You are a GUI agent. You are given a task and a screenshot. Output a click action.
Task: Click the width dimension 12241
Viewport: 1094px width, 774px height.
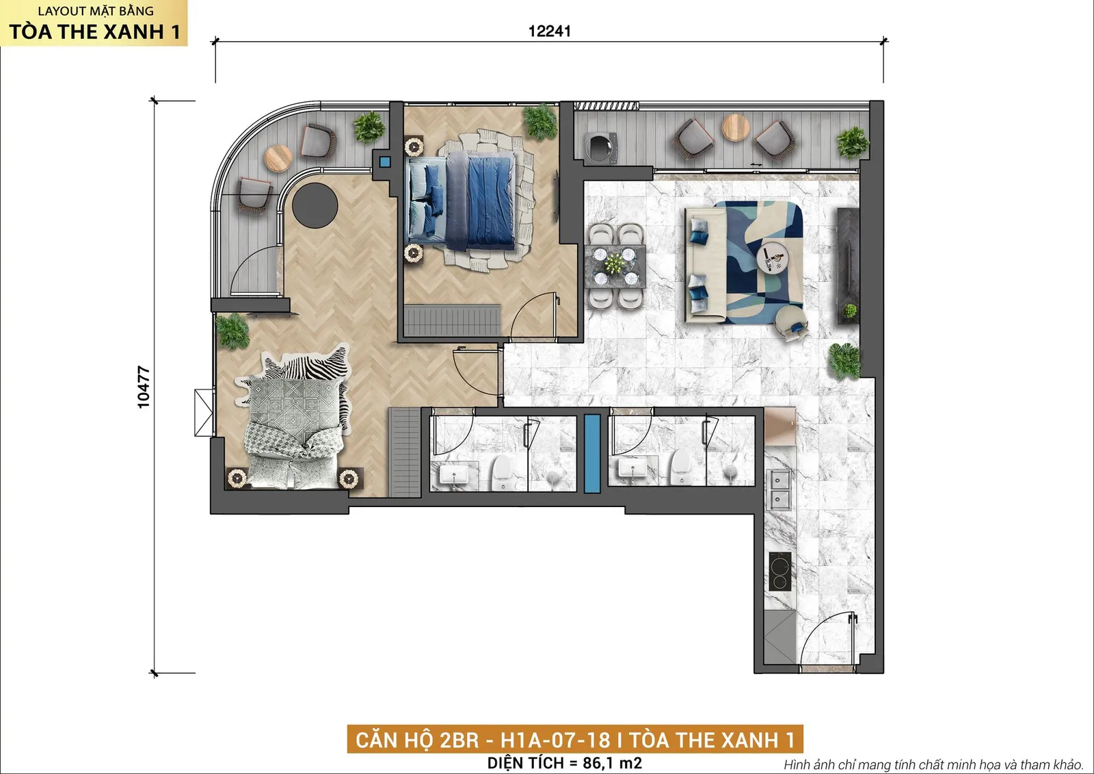point(550,31)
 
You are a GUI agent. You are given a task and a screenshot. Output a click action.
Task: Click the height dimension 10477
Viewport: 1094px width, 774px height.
point(144,387)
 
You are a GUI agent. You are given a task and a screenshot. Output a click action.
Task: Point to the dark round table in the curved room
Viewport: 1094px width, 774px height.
point(315,205)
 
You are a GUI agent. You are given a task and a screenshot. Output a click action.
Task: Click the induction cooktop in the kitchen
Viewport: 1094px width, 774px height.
point(780,571)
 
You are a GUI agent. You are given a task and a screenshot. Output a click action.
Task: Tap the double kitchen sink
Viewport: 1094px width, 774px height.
point(780,489)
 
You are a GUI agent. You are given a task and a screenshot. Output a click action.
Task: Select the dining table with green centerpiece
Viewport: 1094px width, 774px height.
point(615,266)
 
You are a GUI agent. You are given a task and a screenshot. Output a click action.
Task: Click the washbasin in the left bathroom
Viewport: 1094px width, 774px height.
point(454,475)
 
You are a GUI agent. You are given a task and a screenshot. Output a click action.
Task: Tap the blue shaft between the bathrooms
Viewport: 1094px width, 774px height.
point(592,453)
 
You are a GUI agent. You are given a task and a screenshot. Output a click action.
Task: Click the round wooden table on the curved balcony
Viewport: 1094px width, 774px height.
point(278,158)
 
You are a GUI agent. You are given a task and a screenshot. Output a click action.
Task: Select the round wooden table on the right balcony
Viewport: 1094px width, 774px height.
point(736,127)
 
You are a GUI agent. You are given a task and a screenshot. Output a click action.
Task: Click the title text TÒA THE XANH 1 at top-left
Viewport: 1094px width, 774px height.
point(95,31)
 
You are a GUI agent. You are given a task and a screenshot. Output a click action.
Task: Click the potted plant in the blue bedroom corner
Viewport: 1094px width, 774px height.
point(540,121)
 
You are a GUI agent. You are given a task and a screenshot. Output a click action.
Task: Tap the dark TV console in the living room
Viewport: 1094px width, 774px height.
point(849,266)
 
